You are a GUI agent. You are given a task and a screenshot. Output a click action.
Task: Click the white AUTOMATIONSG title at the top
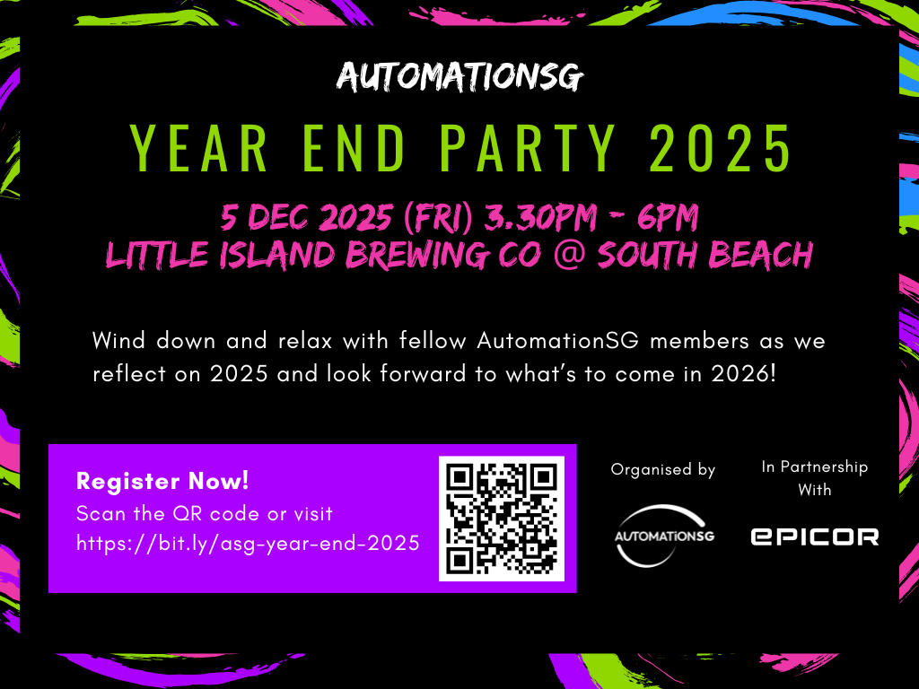point(459,77)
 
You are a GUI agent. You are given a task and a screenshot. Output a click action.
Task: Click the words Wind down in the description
point(147,342)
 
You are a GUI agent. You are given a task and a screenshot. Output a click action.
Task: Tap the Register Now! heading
point(162,481)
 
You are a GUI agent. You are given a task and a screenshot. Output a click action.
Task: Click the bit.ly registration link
point(248,543)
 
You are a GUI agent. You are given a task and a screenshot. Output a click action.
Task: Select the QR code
point(501,519)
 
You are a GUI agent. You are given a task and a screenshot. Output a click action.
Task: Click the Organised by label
point(662,469)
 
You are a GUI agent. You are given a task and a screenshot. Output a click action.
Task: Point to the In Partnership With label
point(814,478)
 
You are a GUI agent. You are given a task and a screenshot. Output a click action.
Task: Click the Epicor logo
point(814,536)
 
